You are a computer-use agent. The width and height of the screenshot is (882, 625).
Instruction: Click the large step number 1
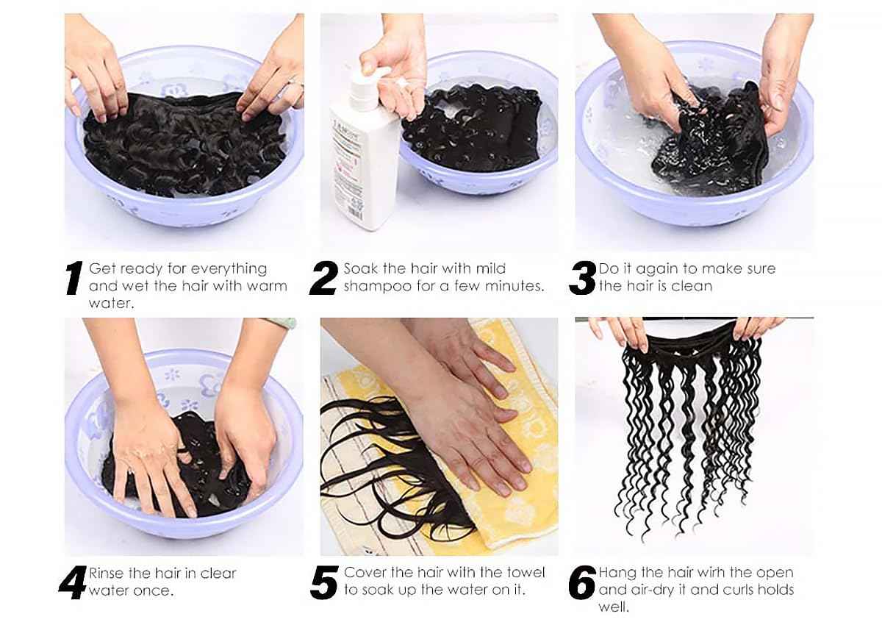point(73,279)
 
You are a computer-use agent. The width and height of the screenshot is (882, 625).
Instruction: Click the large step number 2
point(324,279)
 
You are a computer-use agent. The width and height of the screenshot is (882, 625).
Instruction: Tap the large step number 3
point(582,279)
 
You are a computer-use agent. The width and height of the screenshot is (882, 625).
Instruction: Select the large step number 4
point(72,582)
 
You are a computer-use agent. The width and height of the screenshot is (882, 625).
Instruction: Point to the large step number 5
point(324,582)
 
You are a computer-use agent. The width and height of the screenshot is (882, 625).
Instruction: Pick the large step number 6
point(582,582)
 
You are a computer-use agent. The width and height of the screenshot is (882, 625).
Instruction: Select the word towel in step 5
point(526,572)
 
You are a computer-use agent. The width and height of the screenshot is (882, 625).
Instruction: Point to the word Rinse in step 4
point(109,573)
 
